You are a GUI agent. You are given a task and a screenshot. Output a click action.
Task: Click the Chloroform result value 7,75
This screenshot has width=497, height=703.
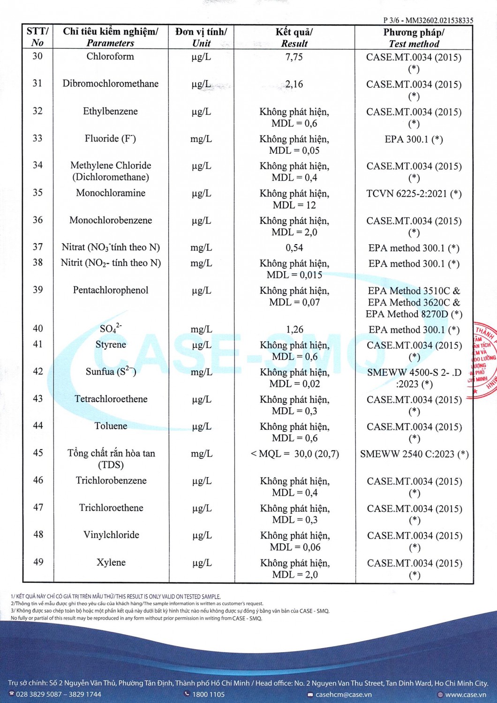click(294, 57)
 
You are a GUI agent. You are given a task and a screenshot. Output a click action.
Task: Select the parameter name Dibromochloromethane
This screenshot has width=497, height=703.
click(111, 84)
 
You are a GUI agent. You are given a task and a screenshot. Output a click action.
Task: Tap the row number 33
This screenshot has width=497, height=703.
click(38, 138)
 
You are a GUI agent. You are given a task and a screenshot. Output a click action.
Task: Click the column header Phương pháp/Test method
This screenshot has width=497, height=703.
click(414, 38)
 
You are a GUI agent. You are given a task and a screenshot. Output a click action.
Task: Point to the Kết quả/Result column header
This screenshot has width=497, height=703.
click(294, 38)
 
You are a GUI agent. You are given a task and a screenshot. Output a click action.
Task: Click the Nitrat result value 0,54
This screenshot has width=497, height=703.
click(294, 247)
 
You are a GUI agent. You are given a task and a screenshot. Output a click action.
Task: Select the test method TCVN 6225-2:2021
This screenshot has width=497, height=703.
click(414, 194)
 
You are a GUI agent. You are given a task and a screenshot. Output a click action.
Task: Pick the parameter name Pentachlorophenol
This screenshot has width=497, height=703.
click(111, 290)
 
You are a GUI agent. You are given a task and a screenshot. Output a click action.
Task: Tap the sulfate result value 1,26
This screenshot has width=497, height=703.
click(294, 329)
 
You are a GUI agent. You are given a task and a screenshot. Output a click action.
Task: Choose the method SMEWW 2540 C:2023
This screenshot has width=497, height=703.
click(414, 454)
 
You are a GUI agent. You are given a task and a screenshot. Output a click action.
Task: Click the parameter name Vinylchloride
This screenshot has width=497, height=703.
click(111, 535)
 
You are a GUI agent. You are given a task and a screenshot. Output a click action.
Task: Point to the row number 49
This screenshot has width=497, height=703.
click(38, 562)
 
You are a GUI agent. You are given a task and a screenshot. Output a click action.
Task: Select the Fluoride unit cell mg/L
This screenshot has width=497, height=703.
click(201, 139)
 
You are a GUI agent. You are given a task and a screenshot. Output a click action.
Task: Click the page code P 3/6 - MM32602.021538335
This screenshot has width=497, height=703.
click(428, 21)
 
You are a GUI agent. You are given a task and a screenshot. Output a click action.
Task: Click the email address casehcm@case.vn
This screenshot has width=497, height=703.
click(343, 695)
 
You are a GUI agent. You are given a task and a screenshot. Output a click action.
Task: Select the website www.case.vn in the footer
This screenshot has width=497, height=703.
click(465, 695)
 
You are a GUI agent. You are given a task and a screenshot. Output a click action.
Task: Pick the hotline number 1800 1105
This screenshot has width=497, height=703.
click(208, 695)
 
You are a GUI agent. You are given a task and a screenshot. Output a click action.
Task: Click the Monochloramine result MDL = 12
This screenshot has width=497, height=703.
click(294, 205)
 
